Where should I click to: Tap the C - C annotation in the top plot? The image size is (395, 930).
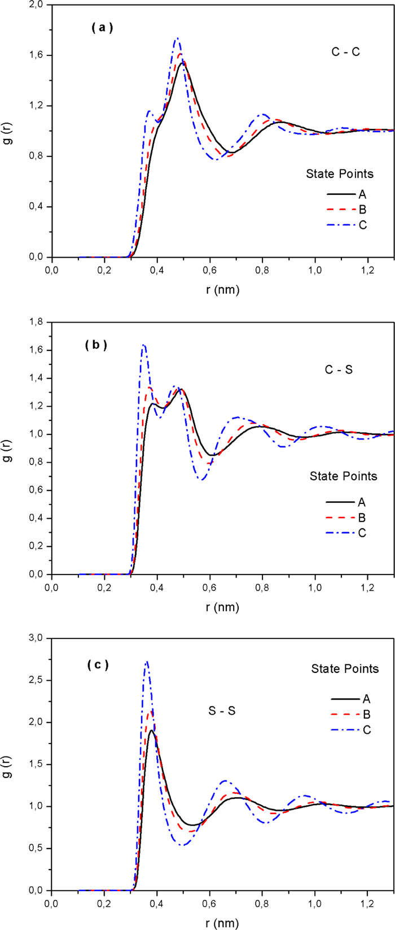click(x=345, y=52)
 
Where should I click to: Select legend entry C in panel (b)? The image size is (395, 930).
click(x=362, y=533)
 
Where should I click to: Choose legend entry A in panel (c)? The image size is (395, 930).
click(x=366, y=700)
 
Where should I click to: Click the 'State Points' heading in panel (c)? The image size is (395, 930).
click(x=345, y=669)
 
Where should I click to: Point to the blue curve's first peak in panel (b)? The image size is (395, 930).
click(x=144, y=345)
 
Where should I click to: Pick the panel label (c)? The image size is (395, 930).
click(x=96, y=665)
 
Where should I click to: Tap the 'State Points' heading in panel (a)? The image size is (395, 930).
click(x=339, y=174)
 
